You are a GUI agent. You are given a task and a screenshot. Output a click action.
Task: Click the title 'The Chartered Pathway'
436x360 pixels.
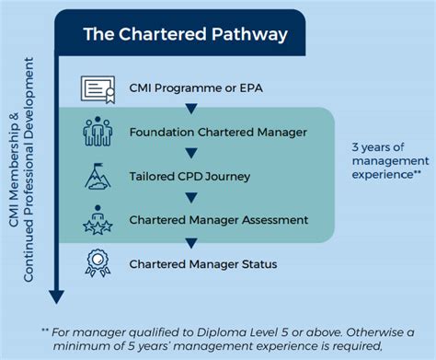tap(185, 35)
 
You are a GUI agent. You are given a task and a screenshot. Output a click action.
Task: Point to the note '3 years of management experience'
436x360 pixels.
tap(385, 158)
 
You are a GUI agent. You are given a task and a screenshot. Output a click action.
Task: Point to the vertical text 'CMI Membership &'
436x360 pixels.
tap(15, 174)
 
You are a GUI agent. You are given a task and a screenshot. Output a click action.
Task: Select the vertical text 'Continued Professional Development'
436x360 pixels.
tap(35, 174)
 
